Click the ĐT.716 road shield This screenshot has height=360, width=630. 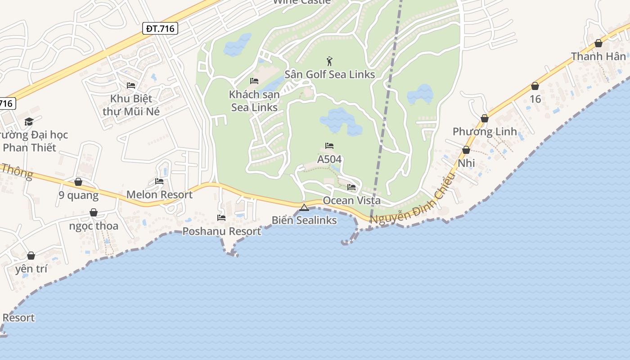point(160,29)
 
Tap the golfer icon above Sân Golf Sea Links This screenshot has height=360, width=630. point(329,61)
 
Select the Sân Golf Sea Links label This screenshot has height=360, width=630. point(329,74)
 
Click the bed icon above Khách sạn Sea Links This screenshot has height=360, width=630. point(254,81)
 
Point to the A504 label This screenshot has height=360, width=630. point(329,159)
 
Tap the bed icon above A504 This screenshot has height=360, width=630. point(329,146)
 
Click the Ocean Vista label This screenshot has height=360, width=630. point(351,201)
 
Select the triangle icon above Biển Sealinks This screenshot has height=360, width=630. point(304,207)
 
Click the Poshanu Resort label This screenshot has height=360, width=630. point(221,231)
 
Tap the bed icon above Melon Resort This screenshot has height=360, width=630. point(159,181)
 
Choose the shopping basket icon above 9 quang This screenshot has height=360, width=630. point(78,182)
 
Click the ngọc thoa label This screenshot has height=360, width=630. point(94,226)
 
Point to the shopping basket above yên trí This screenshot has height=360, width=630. point(31,256)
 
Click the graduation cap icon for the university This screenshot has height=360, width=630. point(29,121)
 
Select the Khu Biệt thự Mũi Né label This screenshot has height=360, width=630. point(131,105)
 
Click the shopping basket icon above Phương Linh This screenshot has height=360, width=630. point(485,118)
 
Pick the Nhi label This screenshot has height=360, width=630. point(466,163)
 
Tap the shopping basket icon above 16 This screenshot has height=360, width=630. point(535,85)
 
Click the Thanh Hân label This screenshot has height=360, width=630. point(598,57)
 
